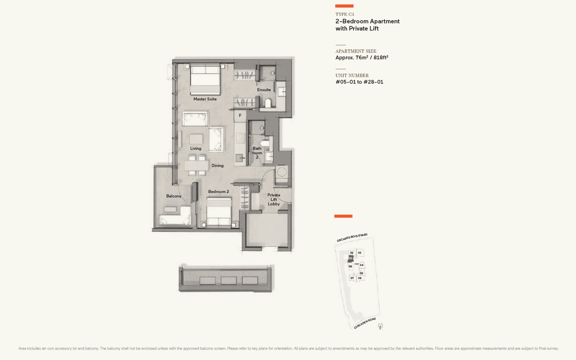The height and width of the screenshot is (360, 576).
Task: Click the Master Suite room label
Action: point(205,99)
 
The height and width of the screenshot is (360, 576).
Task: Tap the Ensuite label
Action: point(264,90)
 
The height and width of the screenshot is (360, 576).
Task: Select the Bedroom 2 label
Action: point(219,192)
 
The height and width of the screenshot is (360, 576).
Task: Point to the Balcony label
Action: point(174,196)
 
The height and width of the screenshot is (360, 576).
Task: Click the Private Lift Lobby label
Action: point(274,199)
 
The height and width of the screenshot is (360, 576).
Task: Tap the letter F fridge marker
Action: point(240,116)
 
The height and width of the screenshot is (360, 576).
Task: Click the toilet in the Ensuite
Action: point(267,103)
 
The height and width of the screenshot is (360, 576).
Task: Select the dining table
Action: point(197,166)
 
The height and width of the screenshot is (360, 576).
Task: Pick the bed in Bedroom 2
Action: point(219,213)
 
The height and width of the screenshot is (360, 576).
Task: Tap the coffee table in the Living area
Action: point(196,139)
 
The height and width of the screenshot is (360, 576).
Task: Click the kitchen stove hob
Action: point(240,138)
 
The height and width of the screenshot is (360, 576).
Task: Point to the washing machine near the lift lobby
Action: point(282,172)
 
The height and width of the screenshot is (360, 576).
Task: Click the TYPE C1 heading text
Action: point(345,14)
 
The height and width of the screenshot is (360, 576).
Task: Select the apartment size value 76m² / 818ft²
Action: point(361,58)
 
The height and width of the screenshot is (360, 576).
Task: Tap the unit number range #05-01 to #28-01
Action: point(359,82)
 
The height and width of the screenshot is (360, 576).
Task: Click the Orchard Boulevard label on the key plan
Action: point(352,238)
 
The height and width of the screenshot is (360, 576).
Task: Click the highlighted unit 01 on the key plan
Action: point(350,258)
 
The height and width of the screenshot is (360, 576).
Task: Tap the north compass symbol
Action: point(380,326)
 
